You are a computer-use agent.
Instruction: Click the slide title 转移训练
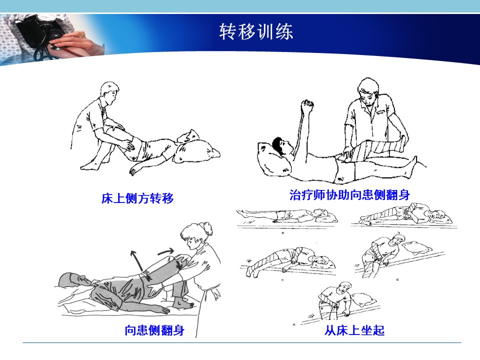[256, 31]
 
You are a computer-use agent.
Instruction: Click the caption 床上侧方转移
[137, 198]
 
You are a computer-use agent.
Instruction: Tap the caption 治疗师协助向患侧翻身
[349, 194]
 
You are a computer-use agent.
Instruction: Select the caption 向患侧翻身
[154, 330]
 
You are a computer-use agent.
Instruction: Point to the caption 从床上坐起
[354, 330]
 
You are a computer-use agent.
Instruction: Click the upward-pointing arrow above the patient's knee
[137, 260]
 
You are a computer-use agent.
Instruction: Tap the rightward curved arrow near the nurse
[166, 251]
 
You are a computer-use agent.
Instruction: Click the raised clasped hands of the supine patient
[307, 105]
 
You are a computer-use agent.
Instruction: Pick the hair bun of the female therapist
[207, 228]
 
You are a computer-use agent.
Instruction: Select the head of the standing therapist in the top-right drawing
[368, 91]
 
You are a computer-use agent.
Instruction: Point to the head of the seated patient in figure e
[344, 288]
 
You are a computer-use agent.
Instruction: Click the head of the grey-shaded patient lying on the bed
[73, 279]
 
